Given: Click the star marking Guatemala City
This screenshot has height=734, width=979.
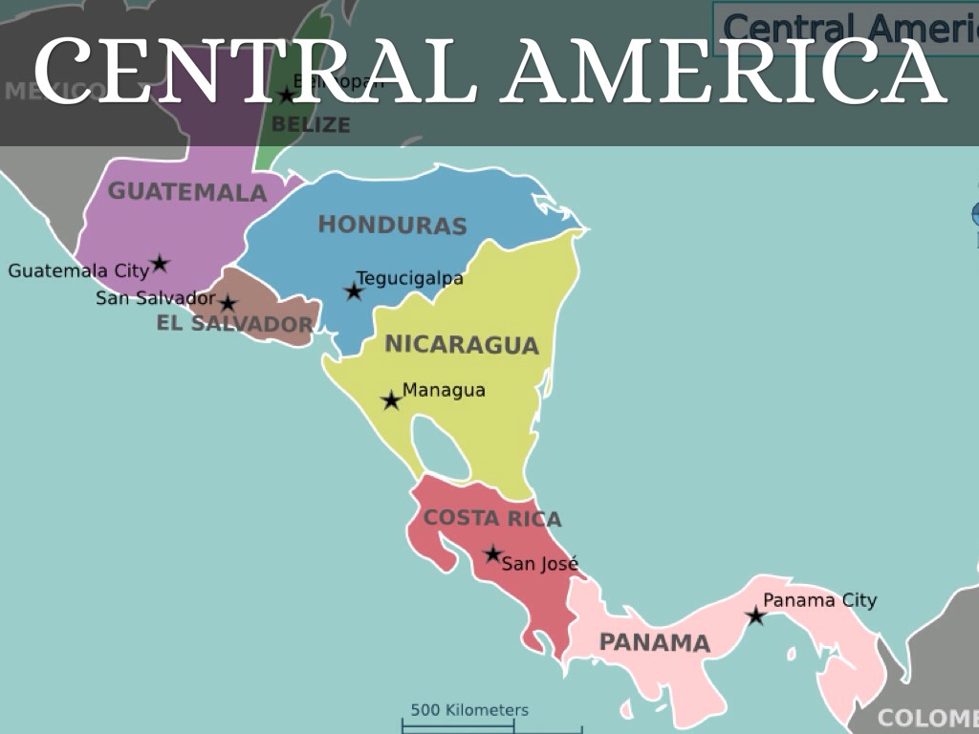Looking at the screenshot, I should (x=160, y=263).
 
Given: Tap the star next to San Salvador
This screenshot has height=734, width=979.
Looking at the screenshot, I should (x=228, y=304).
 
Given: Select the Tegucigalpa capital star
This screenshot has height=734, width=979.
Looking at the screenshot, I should (x=354, y=291).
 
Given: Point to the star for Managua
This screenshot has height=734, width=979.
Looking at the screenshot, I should (x=391, y=400).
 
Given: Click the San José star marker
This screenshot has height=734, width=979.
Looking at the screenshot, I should (x=493, y=554).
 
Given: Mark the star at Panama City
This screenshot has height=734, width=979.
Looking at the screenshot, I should (x=755, y=616).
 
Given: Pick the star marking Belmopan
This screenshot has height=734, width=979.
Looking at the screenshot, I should (x=287, y=96).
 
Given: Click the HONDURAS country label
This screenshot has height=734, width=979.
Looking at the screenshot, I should (x=392, y=226).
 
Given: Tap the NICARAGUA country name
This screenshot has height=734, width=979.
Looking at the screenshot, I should (x=462, y=345).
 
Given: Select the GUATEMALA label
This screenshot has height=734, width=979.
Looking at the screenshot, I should (x=187, y=192).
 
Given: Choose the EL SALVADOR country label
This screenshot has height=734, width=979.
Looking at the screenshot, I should (x=234, y=324).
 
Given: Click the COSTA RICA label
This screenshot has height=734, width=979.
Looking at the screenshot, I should (x=492, y=518).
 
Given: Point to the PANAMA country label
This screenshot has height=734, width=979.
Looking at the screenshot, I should (x=655, y=643).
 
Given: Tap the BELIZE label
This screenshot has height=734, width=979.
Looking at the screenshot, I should (x=311, y=124).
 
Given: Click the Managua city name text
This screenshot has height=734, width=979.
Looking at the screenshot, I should (x=444, y=390).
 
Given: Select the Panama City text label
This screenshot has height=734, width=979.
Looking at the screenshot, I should (x=819, y=600).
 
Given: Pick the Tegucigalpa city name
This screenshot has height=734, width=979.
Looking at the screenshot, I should (x=410, y=279).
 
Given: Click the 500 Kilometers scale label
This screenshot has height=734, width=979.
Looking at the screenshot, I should (x=469, y=710).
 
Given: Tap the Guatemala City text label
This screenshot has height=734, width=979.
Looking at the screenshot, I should (x=78, y=270).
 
